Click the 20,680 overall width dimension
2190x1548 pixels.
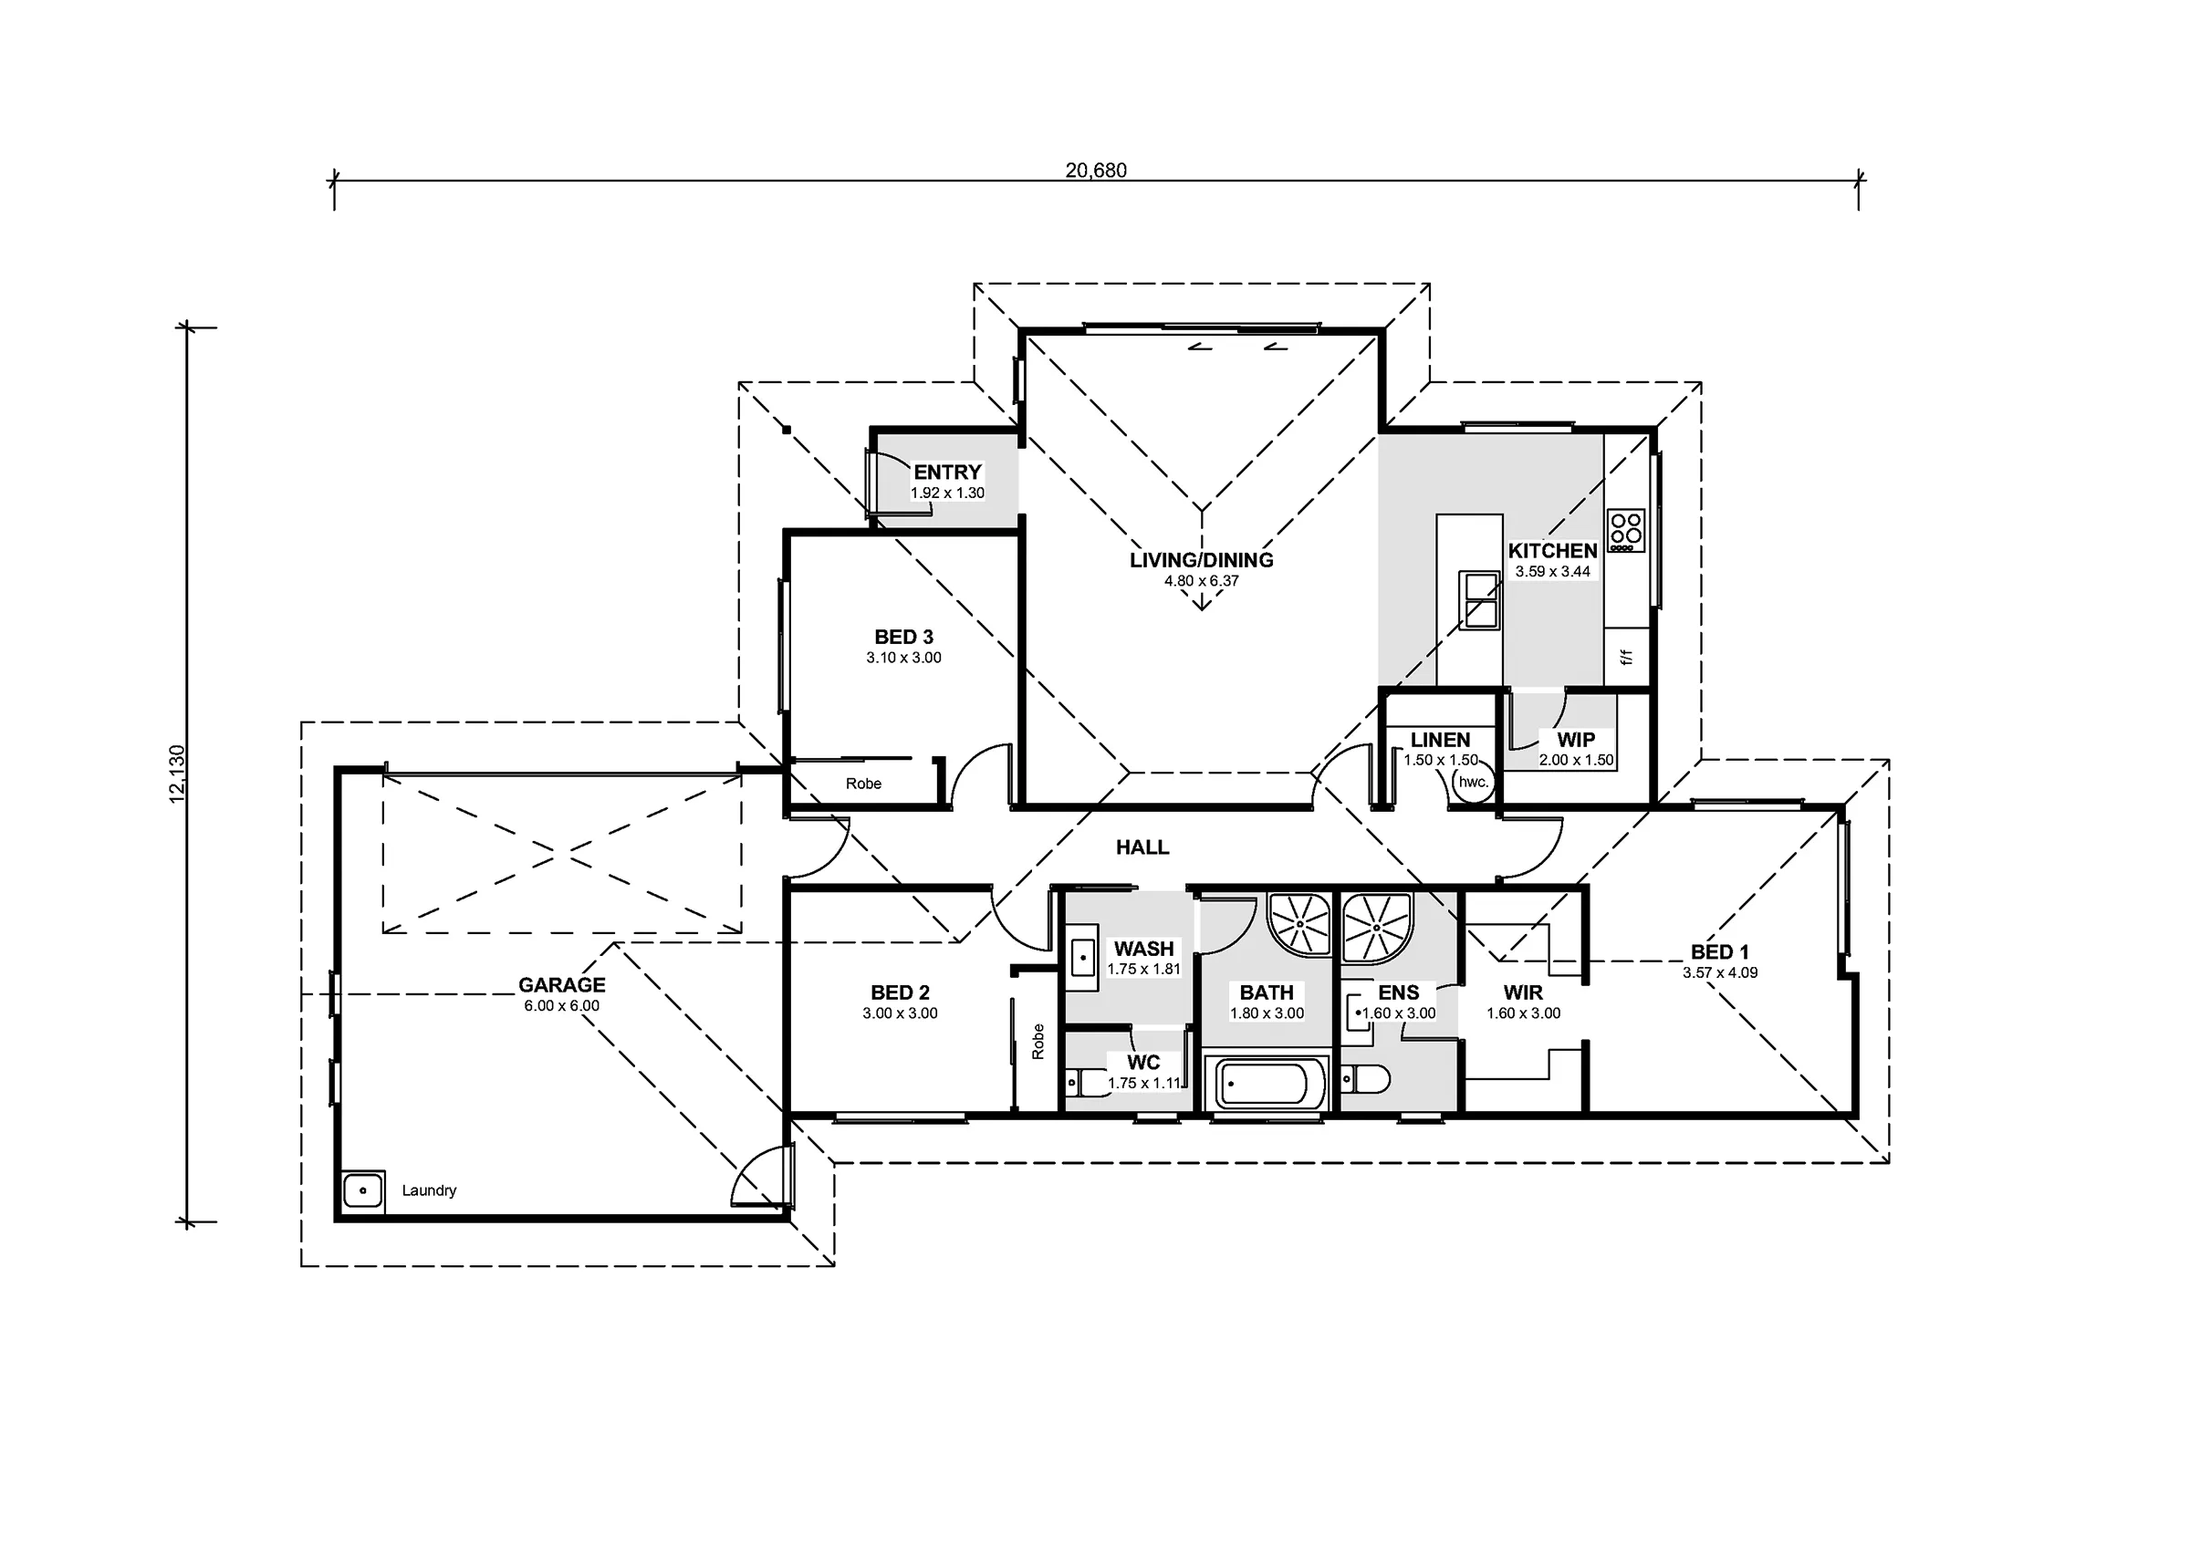1096,171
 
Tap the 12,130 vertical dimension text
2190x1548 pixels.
178,774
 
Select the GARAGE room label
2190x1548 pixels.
562,985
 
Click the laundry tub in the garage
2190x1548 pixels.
363,1190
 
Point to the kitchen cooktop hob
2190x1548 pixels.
1626,531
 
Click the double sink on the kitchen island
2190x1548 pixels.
1480,600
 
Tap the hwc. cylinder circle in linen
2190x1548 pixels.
1473,782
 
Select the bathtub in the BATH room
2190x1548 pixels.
1267,1083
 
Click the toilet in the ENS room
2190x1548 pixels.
1365,1080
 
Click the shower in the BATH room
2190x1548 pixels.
1299,923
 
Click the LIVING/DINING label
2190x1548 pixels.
1202,560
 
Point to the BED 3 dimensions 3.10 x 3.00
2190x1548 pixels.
904,658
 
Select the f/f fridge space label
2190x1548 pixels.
1627,657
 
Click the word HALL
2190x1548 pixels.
1142,847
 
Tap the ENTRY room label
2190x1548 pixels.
947,473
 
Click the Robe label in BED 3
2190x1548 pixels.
863,784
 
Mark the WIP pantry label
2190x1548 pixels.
1576,739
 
